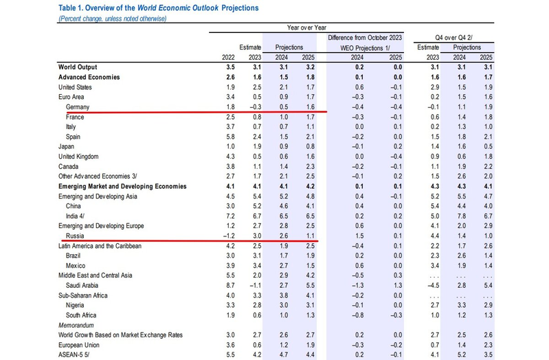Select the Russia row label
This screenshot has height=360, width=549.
[75, 235]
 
